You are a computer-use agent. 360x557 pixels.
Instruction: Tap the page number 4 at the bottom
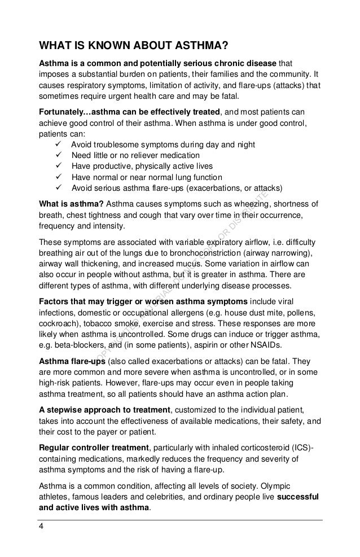(40, 528)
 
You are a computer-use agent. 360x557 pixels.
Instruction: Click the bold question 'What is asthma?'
(70, 204)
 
